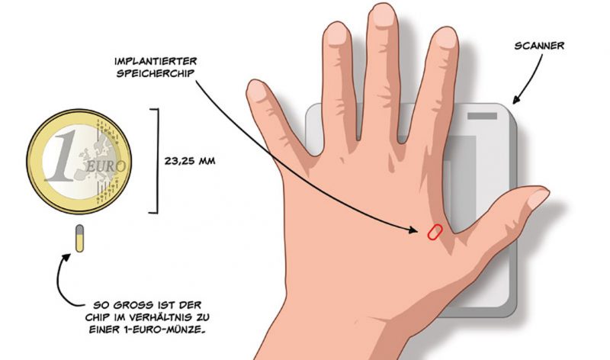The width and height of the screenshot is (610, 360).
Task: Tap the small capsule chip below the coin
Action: pos(79,239)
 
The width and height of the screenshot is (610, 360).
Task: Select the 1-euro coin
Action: pos(79,161)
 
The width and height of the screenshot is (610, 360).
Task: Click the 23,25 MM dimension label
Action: pos(191,162)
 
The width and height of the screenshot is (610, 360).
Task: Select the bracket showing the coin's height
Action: pos(156,161)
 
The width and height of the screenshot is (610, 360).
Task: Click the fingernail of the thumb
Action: pos(538,199)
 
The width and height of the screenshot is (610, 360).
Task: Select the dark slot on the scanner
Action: pos(480,117)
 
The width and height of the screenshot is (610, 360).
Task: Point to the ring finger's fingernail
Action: pos(334,33)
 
